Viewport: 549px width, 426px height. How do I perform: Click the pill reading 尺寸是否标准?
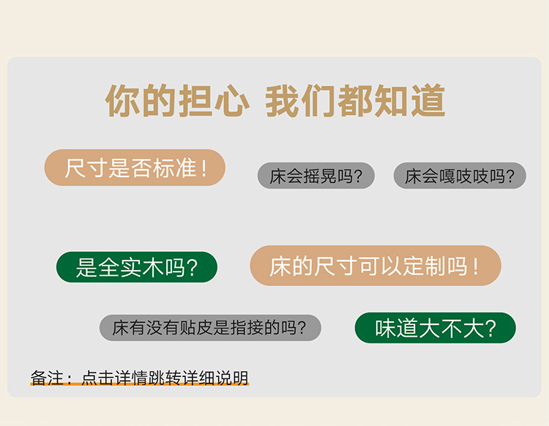point(135,168)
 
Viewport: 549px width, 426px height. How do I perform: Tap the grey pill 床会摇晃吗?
point(315,176)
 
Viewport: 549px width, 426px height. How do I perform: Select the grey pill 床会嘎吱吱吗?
point(460,176)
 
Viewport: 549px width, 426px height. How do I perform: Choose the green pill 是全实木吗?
point(137,267)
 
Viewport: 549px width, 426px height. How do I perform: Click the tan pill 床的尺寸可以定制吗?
point(376,266)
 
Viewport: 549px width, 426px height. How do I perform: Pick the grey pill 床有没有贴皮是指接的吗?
point(210,328)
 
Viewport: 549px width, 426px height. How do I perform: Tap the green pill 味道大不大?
point(436,328)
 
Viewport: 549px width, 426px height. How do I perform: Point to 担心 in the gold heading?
point(214,100)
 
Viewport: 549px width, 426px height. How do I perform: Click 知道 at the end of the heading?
point(410,100)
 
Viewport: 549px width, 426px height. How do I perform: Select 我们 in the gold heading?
point(301,100)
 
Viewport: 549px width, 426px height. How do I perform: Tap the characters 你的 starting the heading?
point(140,100)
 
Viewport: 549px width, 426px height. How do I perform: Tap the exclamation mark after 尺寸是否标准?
point(204,168)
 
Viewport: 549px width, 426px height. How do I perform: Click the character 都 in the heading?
point(355,100)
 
